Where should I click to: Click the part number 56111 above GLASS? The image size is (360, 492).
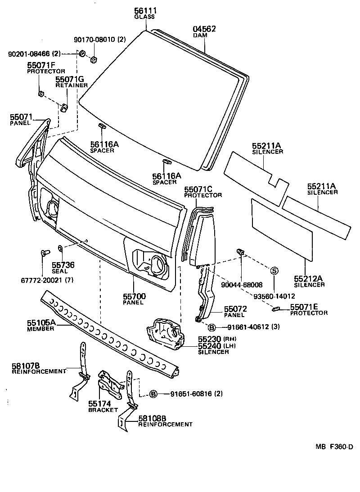(x=144, y=11)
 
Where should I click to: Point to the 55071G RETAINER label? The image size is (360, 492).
(x=70, y=82)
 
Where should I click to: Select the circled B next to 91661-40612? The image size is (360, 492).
(x=211, y=327)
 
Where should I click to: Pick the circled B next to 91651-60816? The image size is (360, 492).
(x=153, y=394)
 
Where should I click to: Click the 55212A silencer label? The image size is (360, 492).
(x=309, y=282)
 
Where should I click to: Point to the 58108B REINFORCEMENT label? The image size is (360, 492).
(x=165, y=421)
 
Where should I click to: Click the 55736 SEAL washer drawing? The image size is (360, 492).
(x=60, y=248)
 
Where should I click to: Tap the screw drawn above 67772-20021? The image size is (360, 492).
(x=44, y=253)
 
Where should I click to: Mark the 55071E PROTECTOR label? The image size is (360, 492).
(x=308, y=309)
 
